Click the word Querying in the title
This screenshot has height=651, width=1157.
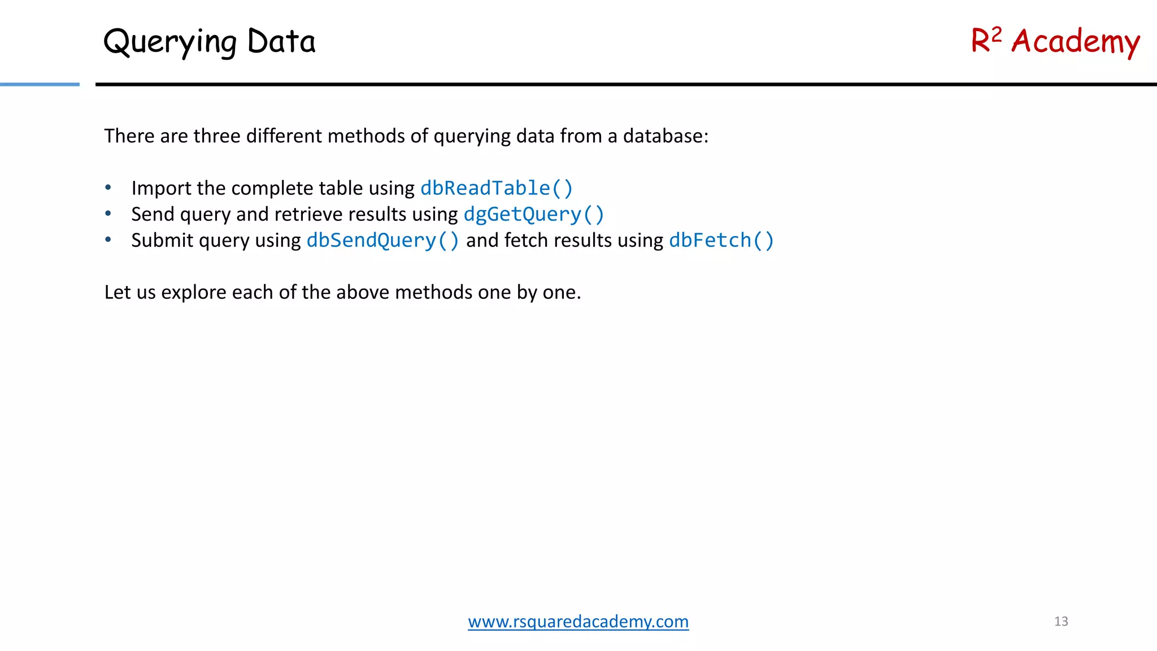(170, 42)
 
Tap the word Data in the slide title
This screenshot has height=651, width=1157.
(281, 41)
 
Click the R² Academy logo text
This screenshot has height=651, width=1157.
(1055, 41)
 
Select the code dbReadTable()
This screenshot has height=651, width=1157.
(497, 188)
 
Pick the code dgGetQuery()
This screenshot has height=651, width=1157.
(534, 214)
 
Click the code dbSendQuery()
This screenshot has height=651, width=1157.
(382, 240)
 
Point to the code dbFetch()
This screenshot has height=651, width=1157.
(721, 240)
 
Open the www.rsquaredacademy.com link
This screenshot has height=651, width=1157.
(578, 622)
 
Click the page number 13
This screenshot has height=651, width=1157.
(1061, 622)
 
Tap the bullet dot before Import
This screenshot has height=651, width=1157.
(108, 188)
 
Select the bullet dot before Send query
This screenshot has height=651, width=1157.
(108, 214)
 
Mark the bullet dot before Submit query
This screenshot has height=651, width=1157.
(108, 240)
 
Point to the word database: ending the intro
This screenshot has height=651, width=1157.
(665, 136)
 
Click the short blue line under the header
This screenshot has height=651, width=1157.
(40, 85)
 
